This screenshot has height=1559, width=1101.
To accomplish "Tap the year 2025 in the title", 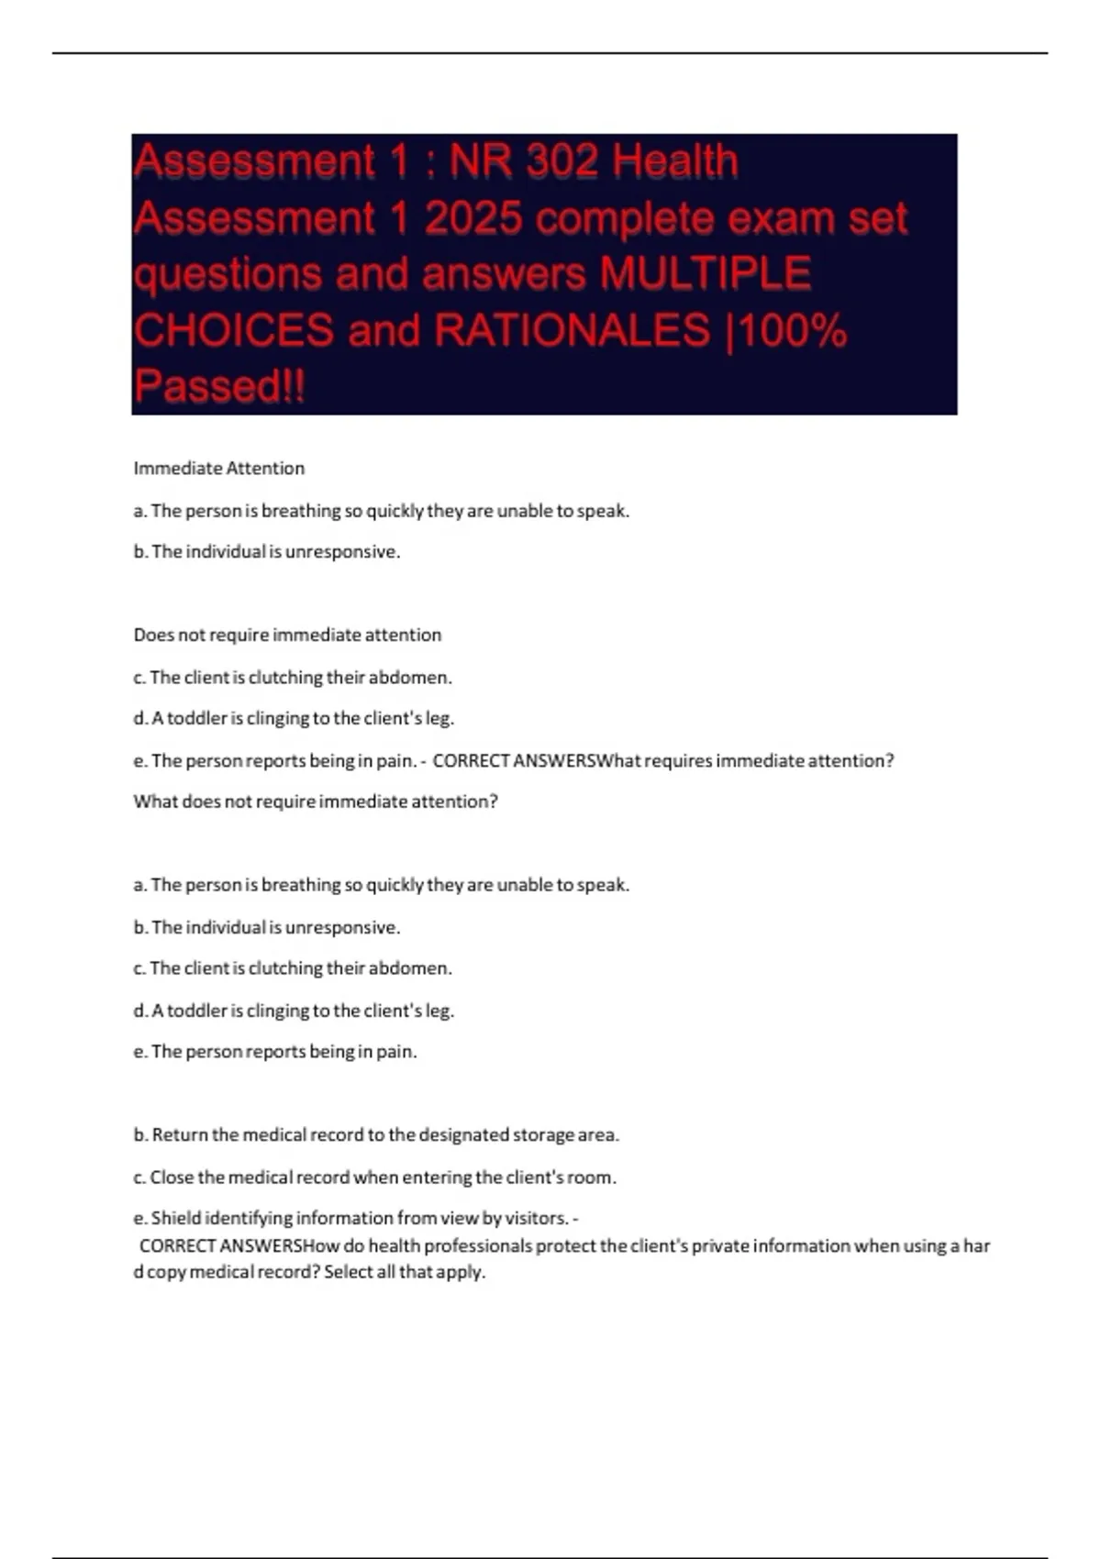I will coord(473,219).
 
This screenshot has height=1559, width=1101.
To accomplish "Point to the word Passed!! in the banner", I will coord(219,385).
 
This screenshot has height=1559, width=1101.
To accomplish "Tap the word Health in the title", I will coord(675,162).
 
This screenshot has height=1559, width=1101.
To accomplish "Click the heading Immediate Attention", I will coord(218,468).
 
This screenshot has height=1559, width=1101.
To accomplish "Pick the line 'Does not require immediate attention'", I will coord(287,635).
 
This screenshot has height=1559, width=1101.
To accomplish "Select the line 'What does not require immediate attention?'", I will coord(316,802).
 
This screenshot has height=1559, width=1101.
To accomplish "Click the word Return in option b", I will coord(180,1134).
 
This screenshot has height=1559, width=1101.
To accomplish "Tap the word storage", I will coord(542,1134).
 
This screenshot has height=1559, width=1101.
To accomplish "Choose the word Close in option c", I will coord(172,1177).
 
